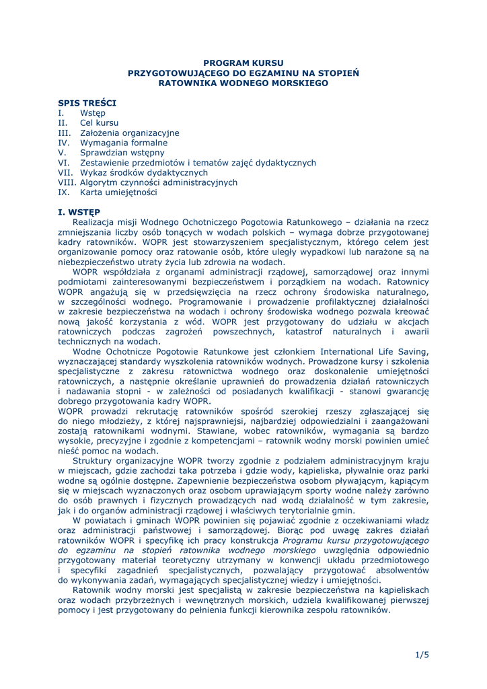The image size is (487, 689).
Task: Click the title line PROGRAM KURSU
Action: [243, 62]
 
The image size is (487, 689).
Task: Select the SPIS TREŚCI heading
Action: [87, 103]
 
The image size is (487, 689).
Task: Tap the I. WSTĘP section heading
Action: [79, 212]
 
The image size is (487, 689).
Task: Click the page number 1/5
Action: [422, 655]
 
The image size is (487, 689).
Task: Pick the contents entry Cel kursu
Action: [99, 123]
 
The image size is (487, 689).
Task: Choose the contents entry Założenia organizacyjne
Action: [130, 133]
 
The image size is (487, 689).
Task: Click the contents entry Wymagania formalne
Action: [124, 143]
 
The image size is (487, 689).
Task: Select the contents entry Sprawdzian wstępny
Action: [122, 153]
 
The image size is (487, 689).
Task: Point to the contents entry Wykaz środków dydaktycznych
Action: [144, 172]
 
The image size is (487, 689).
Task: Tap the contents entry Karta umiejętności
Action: [118, 192]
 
